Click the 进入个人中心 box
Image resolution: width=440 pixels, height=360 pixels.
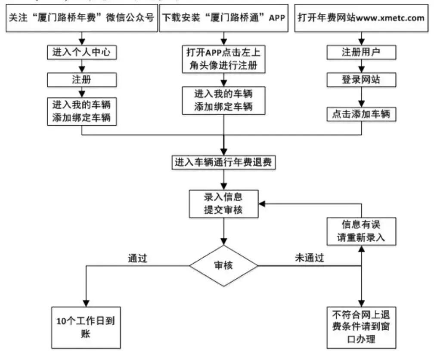click(x=81, y=52)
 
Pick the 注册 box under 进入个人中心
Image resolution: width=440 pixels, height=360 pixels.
click(x=81, y=80)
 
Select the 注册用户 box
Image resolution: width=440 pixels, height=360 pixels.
click(x=361, y=52)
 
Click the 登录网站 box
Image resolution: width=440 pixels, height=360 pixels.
click(x=361, y=80)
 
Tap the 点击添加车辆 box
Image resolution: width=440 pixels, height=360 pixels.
click(x=361, y=114)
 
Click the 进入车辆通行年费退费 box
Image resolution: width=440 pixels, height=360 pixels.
click(x=223, y=163)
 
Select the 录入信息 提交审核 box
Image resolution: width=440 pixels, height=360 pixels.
click(x=223, y=204)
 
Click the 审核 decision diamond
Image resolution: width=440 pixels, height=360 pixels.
click(x=223, y=266)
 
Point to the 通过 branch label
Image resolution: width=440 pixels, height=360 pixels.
click(x=137, y=258)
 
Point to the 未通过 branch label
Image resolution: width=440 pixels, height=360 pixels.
click(x=309, y=258)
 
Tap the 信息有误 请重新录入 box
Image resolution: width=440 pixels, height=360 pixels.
click(x=361, y=231)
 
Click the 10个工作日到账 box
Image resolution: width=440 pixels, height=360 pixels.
click(x=86, y=327)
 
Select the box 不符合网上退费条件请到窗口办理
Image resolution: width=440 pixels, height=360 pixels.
click(x=361, y=327)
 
